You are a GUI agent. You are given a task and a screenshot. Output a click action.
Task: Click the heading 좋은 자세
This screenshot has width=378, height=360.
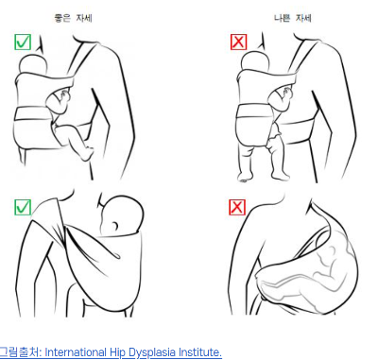pos(74,18)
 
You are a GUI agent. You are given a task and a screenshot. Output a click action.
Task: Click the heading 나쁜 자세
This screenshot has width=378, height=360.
pos(293,18)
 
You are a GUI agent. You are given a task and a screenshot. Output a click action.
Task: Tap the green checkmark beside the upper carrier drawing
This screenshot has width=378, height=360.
pos(23,42)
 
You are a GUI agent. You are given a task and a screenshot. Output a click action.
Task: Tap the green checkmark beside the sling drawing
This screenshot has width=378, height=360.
pos(23,207)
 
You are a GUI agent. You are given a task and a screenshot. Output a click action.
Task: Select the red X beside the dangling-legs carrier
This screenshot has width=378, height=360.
pos(238,42)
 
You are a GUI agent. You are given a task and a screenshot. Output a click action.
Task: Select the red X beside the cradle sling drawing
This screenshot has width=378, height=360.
pos(237,207)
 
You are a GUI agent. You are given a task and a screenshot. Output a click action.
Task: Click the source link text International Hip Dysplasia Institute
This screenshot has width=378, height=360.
pos(133,352)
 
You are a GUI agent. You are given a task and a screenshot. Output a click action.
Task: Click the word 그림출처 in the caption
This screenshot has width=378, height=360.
pos(19,352)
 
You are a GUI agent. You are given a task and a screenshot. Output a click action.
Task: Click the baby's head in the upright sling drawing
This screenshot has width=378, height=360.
pos(122,216)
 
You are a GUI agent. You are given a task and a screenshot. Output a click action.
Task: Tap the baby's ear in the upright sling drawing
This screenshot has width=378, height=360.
pos(115,226)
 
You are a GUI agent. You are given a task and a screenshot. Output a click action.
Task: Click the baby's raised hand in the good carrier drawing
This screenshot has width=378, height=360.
pos(65,94)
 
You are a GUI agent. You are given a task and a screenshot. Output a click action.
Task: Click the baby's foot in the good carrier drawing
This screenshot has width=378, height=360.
pos(88,153)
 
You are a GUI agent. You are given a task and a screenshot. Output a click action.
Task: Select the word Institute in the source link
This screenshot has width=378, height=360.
pos(200,351)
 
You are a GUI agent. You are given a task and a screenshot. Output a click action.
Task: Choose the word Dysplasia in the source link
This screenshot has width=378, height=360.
pos(152,352)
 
